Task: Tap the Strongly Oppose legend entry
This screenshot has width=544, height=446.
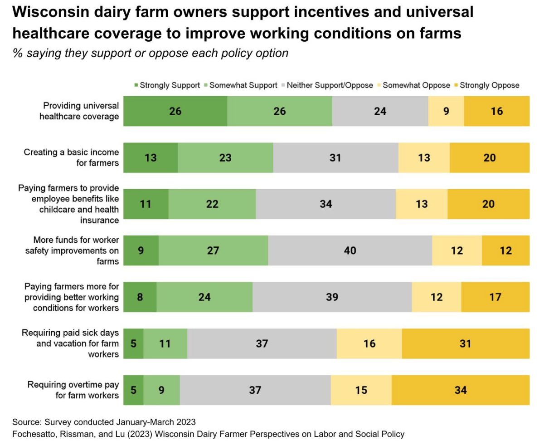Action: coord(489,85)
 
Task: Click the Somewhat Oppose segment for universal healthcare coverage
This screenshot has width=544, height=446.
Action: coord(446,111)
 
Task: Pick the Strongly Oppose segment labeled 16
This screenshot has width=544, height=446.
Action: coord(496,111)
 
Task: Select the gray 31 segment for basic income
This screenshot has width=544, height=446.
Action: coord(335,157)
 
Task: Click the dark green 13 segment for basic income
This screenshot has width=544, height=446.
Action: coord(151,157)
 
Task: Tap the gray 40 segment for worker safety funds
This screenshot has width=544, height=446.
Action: coord(350,250)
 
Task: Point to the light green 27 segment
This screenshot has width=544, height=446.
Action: coord(213,250)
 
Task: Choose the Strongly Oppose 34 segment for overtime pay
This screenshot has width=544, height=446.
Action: coord(460,390)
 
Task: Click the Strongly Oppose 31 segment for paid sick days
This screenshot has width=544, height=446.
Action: coord(465,343)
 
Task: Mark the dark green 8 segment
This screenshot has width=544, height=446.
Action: coord(140,297)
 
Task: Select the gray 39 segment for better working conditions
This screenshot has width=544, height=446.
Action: coord(332,297)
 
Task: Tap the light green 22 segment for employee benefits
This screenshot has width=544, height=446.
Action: coord(212,204)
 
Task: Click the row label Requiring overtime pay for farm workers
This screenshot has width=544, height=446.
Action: coord(73,390)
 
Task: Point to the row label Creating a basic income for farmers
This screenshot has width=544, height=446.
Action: coord(71,157)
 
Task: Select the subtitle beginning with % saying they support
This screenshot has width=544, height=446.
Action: coord(150,53)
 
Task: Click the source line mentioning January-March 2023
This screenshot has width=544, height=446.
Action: coord(104,422)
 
